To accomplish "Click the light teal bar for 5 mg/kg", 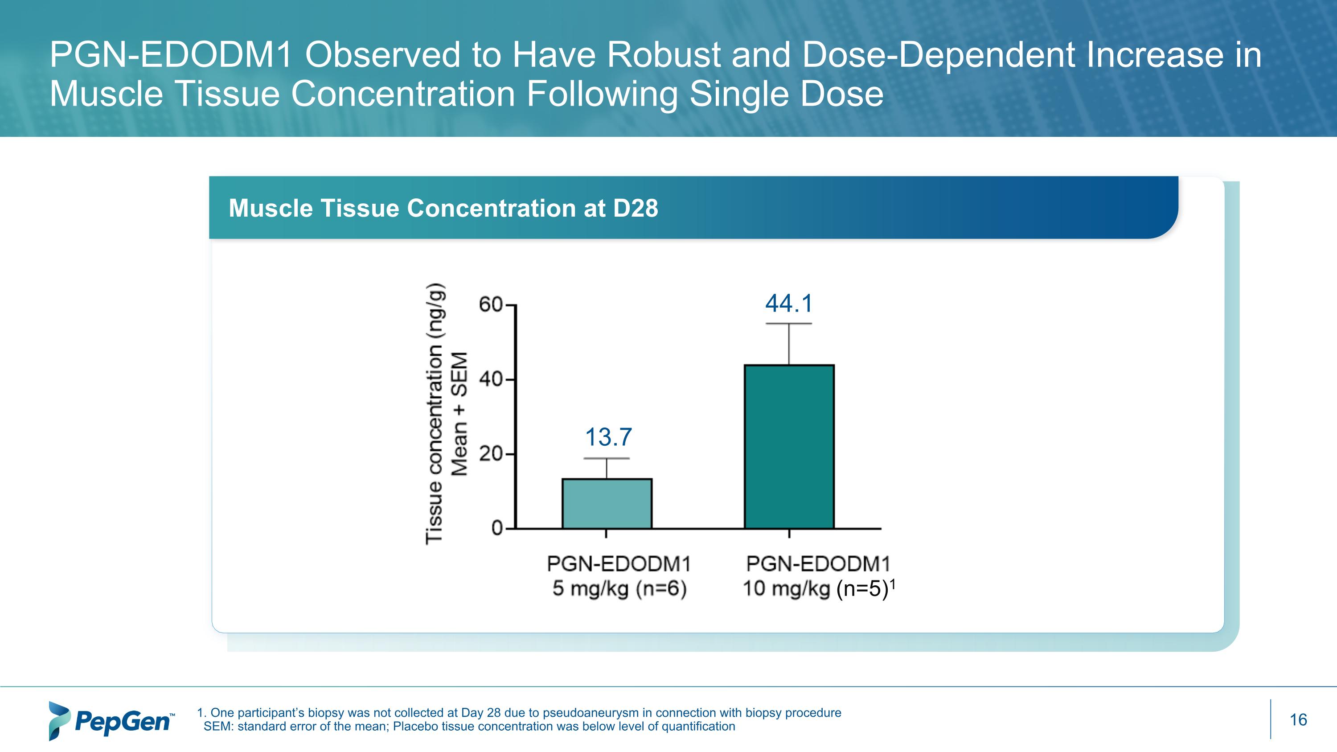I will [607, 503].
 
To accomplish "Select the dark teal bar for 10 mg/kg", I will [789, 446].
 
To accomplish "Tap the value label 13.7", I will [608, 437].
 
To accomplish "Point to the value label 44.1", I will [788, 304].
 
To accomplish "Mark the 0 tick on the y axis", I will [497, 529].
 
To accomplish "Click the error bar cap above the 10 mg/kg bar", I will [789, 324].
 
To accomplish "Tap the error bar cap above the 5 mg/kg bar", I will [607, 459].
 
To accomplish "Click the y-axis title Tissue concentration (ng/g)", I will [434, 414].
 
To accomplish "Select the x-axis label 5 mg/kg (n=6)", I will [619, 588].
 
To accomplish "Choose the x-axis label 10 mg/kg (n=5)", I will [815, 589].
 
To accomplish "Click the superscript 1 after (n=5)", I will [893, 584].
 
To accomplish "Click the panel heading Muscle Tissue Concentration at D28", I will [443, 208].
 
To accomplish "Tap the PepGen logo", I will [111, 721].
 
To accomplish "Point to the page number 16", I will [1298, 720].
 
